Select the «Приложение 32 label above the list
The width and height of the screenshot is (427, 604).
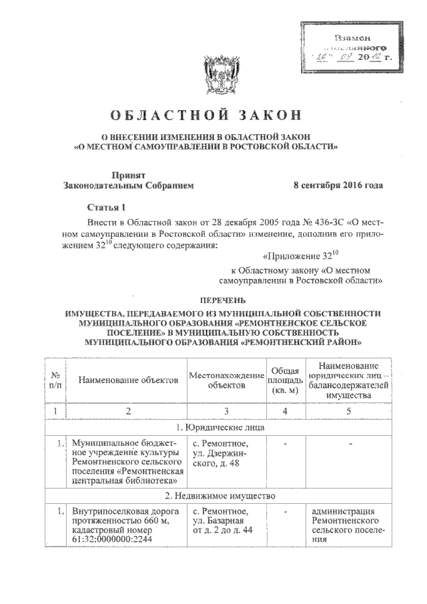coord(293,254)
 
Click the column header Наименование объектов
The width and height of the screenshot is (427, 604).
coord(128,380)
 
